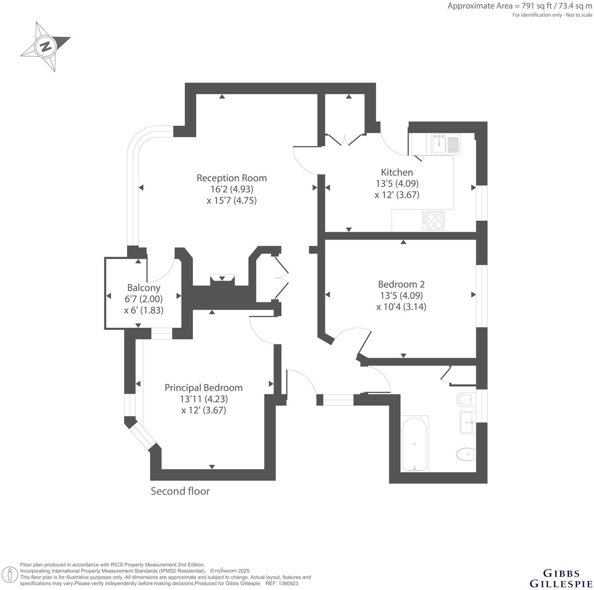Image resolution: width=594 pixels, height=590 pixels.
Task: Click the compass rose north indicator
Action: pos(46,46)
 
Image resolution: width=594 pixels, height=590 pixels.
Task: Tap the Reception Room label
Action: pos(232,178)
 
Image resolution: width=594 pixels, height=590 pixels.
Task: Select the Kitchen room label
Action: pos(397,172)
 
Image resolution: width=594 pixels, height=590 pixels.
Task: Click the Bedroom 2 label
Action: pos(401,284)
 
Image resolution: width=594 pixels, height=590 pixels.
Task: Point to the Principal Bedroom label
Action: pos(204,388)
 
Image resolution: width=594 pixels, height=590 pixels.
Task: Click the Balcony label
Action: pos(143,288)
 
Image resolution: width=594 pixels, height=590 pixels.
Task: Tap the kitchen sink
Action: pos(439,144)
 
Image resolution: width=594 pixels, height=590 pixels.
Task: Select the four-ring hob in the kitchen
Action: pos(434,220)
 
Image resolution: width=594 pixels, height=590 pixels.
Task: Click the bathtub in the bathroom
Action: pos(414,443)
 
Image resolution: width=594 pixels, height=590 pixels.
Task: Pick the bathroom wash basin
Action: pos(468,422)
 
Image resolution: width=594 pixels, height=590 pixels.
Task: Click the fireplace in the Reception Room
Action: pos(222,279)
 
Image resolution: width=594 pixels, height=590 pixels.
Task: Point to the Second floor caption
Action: pos(180,491)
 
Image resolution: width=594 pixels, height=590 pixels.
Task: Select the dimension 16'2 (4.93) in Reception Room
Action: pos(232,189)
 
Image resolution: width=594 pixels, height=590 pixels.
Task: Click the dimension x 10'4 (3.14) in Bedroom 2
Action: pos(401,307)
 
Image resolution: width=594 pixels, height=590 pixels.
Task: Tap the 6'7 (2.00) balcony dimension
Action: pos(143,299)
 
